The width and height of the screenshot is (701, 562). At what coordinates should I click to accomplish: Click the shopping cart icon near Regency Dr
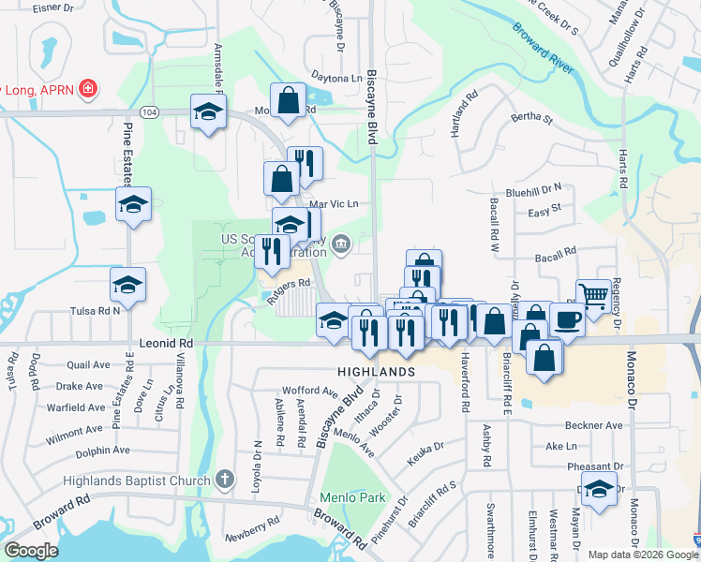(x=593, y=295)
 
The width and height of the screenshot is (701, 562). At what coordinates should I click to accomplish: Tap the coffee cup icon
(x=567, y=319)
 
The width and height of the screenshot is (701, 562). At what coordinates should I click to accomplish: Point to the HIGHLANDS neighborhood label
(x=377, y=372)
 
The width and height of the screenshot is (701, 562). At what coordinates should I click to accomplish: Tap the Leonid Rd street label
(x=166, y=344)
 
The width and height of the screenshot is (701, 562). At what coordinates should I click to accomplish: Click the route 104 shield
(x=148, y=111)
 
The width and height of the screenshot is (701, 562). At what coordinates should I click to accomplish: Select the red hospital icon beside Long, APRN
(x=87, y=89)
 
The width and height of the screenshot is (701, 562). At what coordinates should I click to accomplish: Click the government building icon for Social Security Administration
(x=342, y=245)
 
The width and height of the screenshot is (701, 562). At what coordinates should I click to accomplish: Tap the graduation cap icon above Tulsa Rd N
(x=127, y=284)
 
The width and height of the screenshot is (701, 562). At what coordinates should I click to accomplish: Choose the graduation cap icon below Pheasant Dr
(x=599, y=489)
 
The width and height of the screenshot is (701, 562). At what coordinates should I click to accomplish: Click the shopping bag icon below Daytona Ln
(x=289, y=99)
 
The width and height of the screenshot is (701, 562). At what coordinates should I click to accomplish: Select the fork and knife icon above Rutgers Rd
(x=272, y=249)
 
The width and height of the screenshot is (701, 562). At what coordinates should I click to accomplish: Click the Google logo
(x=31, y=551)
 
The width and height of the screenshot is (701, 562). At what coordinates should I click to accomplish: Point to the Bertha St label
(x=531, y=119)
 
